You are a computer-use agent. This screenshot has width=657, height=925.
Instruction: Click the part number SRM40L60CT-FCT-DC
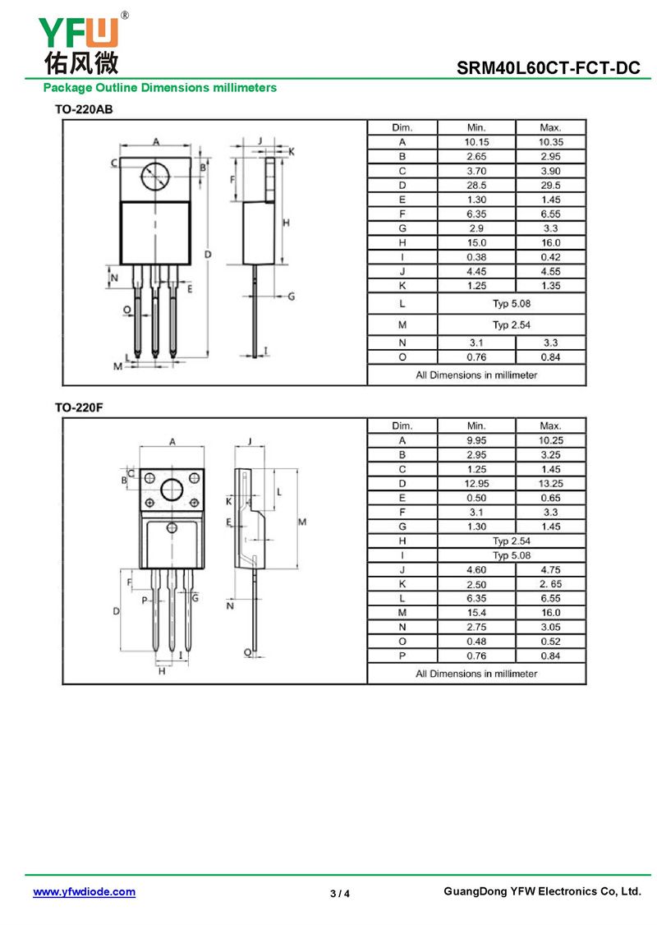(x=549, y=69)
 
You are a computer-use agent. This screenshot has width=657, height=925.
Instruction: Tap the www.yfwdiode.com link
(x=84, y=892)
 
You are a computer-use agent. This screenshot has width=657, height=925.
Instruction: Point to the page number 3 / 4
(x=339, y=894)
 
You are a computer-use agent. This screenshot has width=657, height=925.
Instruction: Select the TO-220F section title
(x=79, y=407)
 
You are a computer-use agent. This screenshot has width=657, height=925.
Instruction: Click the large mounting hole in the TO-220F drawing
(x=172, y=490)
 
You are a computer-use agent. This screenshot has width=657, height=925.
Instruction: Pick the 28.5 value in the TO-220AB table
(x=476, y=185)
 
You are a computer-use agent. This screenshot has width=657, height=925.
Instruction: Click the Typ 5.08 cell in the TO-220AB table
(x=512, y=303)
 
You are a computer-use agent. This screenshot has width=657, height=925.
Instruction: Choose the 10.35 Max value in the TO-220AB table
(x=550, y=142)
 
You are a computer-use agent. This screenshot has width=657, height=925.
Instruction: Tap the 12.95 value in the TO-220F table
(x=476, y=484)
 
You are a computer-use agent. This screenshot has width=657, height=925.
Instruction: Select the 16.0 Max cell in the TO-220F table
(x=550, y=613)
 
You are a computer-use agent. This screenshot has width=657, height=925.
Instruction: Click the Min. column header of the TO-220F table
(x=476, y=426)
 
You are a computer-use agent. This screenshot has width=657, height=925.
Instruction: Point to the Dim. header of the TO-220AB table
(x=402, y=127)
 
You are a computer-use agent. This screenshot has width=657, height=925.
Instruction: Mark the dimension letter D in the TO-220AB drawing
(x=209, y=255)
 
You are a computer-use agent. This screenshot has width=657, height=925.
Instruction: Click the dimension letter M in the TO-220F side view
(x=301, y=522)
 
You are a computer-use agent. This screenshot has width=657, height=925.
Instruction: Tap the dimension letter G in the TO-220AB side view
(x=290, y=296)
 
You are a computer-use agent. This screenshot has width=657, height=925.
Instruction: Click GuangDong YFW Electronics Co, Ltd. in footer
(x=541, y=891)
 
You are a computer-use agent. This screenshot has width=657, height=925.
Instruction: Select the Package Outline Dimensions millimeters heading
(x=160, y=87)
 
